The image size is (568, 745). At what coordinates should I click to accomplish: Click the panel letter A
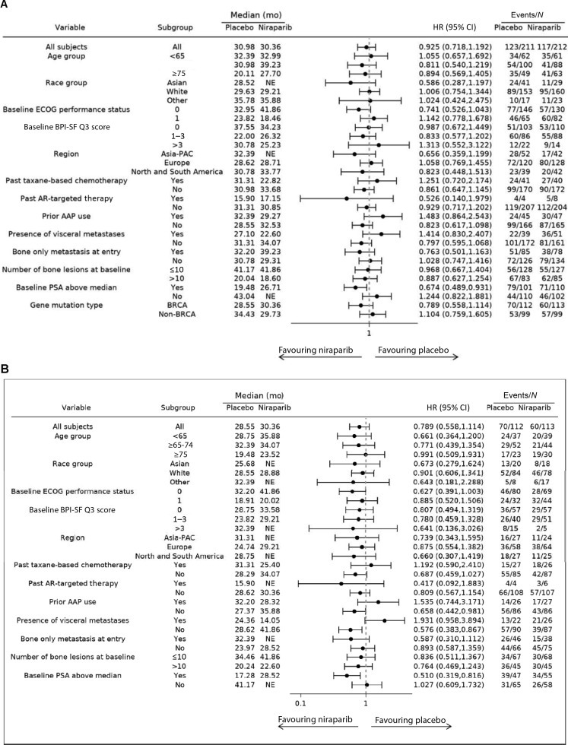pos(6,5)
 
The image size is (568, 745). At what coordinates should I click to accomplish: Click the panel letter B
pos(6,369)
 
